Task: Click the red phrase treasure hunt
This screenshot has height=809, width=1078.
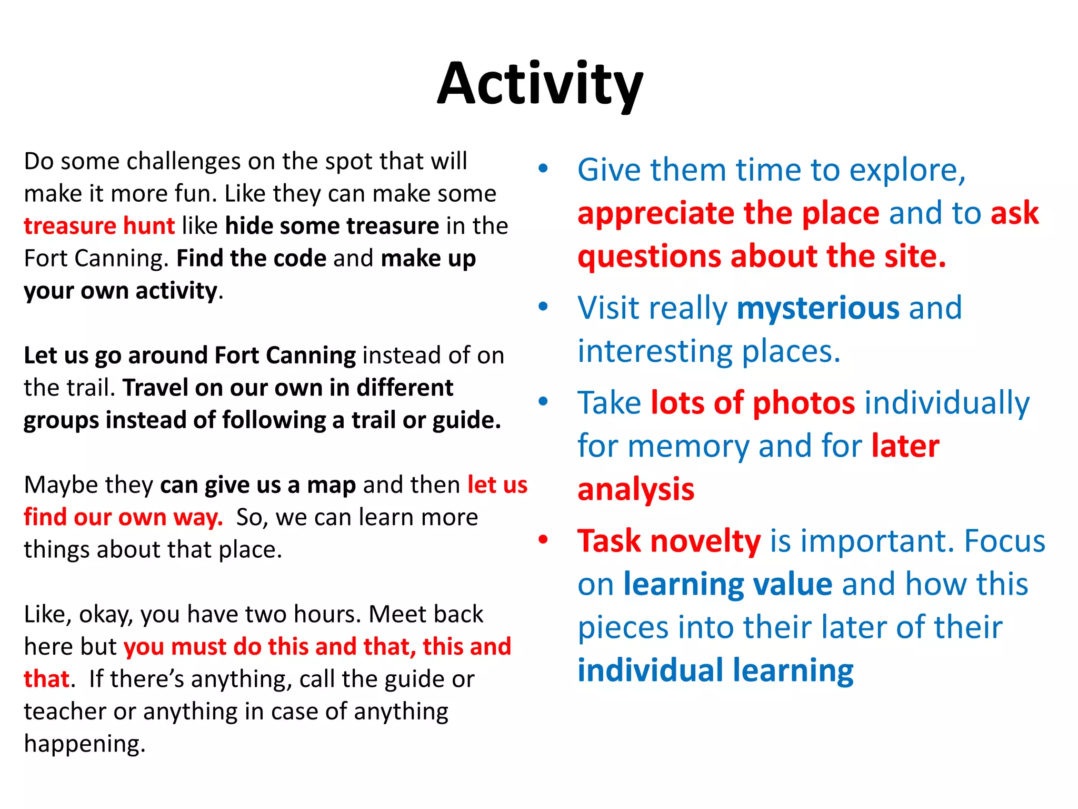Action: (99, 226)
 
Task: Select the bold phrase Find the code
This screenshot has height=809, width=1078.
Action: (252, 259)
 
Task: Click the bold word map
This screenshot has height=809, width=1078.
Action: (331, 485)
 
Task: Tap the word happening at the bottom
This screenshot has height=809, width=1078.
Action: (84, 744)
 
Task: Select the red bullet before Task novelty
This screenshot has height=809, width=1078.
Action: (543, 540)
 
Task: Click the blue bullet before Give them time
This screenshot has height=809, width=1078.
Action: (543, 169)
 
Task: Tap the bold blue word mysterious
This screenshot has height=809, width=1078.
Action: (818, 308)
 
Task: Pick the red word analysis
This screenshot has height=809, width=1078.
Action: (636, 490)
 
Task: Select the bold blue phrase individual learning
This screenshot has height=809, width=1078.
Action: (715, 670)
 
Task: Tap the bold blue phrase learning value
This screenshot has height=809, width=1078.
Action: (727, 584)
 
